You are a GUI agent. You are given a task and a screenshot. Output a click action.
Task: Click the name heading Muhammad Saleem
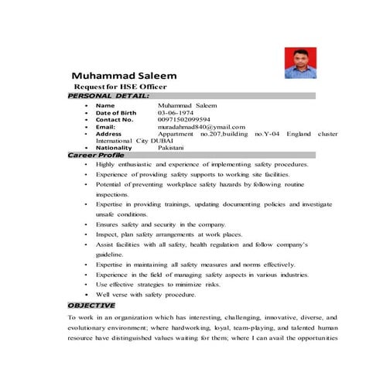point(124,77)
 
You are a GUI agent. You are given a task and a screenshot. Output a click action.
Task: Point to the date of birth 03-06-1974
point(173,112)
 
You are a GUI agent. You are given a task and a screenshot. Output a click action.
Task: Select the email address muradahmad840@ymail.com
point(201,127)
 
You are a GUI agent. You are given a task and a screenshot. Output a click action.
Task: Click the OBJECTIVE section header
point(91,306)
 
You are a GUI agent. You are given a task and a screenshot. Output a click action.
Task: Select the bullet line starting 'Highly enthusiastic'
point(202,165)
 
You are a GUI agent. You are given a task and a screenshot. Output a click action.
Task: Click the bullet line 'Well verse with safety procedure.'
point(146,294)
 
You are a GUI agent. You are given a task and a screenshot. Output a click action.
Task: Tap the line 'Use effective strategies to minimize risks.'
point(158,284)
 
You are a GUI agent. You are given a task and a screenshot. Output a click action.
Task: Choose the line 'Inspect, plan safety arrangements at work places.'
point(169,234)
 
